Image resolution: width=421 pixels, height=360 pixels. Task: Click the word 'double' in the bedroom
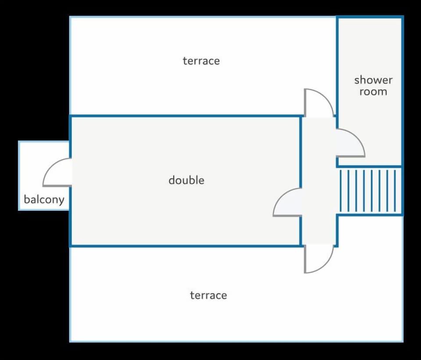tap(186, 180)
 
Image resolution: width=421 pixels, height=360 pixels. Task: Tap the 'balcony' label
tap(44, 200)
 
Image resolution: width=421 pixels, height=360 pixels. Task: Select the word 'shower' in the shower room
tap(373, 80)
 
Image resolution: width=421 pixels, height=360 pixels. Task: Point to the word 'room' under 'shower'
tap(373, 92)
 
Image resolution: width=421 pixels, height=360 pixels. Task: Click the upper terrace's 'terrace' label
tap(201, 61)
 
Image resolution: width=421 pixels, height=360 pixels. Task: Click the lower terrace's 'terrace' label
tap(208, 295)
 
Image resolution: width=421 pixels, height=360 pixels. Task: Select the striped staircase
tap(371, 191)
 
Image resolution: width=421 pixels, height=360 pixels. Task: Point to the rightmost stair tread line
tap(395, 191)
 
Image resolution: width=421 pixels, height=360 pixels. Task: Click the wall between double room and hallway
tap(301, 153)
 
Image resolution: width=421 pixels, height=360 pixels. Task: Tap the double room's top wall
tap(184, 116)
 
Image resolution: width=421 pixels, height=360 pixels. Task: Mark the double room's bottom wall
tap(184, 246)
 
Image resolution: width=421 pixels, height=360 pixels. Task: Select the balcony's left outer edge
tap(19, 175)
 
